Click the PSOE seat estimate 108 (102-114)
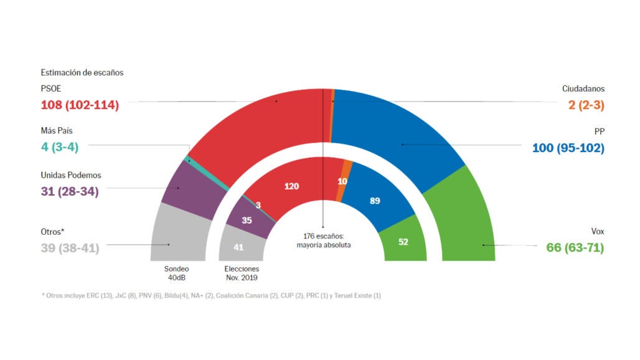pos(80,105)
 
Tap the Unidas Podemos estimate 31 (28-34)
pos(70,191)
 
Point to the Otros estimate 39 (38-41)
pos(70,247)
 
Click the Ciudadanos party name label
pos(583,89)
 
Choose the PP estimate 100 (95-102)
pos(568,148)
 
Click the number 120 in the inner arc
pos(292,186)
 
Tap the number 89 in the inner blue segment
pos(374,201)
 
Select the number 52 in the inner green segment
pos(403,242)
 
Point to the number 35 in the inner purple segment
pos(247,220)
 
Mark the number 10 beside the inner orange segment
pos(342,181)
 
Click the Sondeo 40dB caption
pos(176,273)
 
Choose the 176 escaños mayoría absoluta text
pos(323,240)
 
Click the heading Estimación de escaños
pos(82,72)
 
